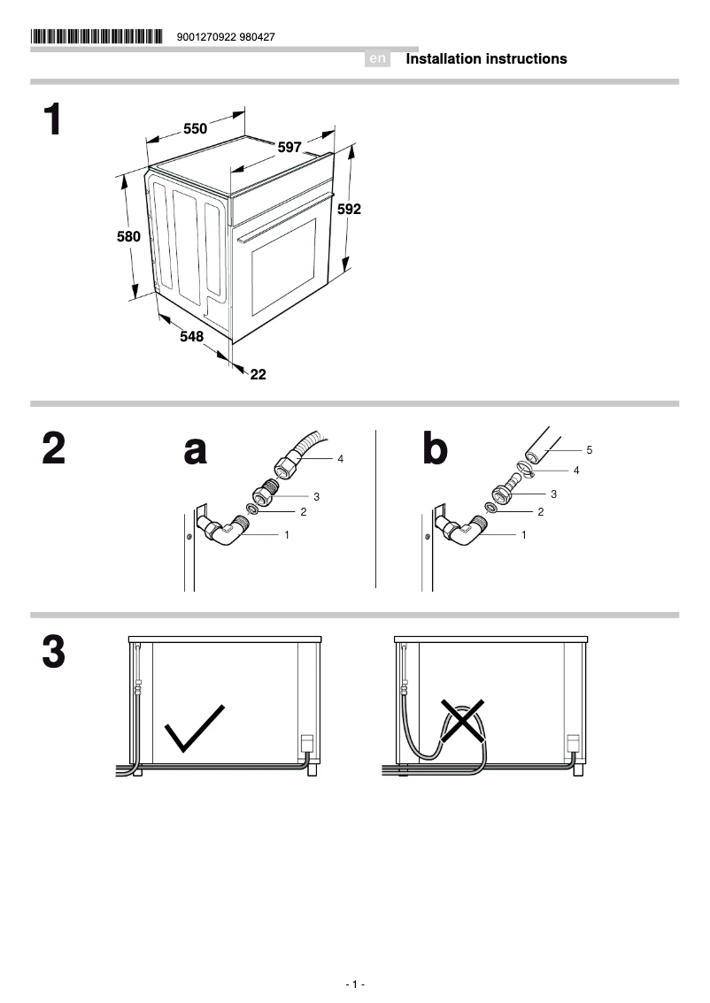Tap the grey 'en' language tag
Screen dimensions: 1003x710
click(378, 59)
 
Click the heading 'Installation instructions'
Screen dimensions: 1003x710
click(486, 59)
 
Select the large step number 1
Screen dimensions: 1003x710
click(53, 120)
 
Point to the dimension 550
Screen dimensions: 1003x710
click(195, 129)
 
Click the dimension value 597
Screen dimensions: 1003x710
click(289, 147)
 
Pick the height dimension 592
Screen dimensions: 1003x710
click(349, 210)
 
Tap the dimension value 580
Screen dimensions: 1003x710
click(128, 237)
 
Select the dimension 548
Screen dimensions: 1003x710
click(191, 336)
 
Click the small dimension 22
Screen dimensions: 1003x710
click(258, 374)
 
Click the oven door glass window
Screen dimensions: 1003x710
click(284, 266)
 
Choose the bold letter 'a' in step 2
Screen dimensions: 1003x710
click(195, 450)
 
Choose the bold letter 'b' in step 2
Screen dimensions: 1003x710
click(435, 450)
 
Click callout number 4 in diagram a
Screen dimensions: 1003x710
click(340, 459)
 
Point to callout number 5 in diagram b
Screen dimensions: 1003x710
click(589, 450)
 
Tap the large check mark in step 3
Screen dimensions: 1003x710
click(195, 728)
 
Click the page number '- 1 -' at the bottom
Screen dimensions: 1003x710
click(355, 984)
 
